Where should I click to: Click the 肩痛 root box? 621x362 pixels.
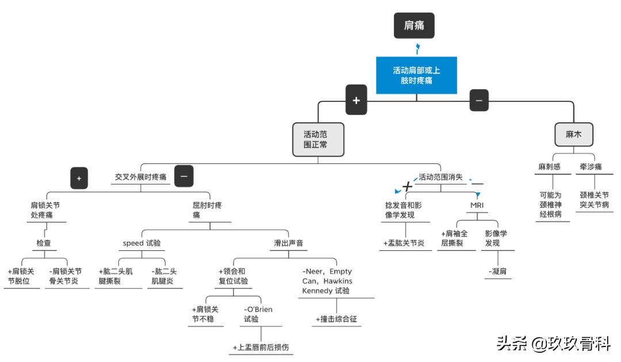(413, 25)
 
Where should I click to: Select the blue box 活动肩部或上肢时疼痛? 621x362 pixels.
(416, 75)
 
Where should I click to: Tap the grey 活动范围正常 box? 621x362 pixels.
(318, 139)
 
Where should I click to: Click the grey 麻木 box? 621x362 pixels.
(573, 134)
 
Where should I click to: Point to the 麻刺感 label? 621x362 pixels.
(549, 167)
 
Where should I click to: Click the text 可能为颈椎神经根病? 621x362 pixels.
(550, 204)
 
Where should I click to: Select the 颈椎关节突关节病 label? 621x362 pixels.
(594, 199)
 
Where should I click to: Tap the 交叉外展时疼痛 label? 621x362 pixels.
(141, 177)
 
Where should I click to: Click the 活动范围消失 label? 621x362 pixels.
(440, 177)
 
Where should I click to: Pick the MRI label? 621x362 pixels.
(477, 205)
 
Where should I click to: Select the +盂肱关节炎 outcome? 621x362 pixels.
(403, 243)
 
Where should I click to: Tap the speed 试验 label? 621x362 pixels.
(141, 243)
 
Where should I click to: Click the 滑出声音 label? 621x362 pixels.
(288, 243)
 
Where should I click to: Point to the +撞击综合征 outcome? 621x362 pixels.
(336, 319)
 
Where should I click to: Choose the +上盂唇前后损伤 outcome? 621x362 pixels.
(260, 348)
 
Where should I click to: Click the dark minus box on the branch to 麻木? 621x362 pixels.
(479, 100)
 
